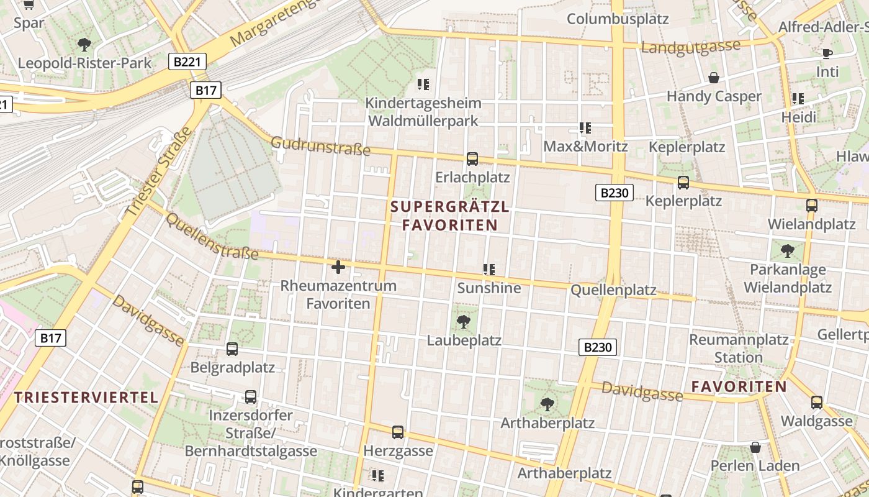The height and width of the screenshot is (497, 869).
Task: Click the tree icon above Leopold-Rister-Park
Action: tap(84, 45)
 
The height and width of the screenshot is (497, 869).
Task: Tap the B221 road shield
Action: tap(187, 61)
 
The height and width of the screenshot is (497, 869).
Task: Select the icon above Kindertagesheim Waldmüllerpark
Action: tap(423, 84)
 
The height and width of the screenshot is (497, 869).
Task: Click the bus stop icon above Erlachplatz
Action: tap(472, 158)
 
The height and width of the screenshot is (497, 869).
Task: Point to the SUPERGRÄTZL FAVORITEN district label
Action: tap(450, 216)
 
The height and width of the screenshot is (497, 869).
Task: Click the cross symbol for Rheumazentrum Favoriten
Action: tap(338, 267)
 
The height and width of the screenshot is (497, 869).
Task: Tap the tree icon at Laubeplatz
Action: tap(463, 321)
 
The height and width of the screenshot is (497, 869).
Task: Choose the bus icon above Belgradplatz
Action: tap(232, 349)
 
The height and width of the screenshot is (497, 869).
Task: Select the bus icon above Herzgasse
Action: tap(398, 432)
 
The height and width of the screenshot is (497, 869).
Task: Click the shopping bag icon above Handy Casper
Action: tap(714, 78)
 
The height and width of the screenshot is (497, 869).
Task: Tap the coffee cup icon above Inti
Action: tap(827, 53)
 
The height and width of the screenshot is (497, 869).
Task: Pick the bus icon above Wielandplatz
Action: tap(812, 205)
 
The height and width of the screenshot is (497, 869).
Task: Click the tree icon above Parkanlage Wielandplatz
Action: tap(788, 251)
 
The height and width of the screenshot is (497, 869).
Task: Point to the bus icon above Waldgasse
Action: tap(817, 402)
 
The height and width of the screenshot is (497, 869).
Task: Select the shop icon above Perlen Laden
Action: tap(755, 447)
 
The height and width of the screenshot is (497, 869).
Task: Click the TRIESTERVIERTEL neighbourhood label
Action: tap(86, 398)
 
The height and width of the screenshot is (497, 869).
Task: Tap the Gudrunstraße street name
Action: tap(320, 146)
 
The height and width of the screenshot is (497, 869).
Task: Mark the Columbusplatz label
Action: tap(618, 19)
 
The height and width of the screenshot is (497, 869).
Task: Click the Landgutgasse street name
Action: tap(691, 47)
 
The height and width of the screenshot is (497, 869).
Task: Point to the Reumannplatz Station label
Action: tap(739, 349)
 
